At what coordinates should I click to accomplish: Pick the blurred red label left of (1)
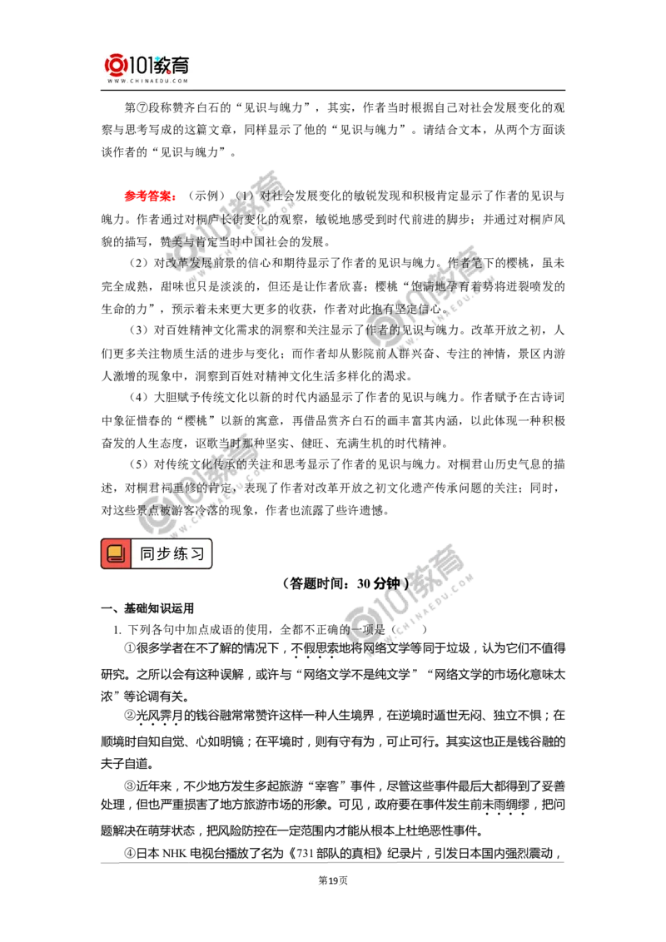click(x=149, y=197)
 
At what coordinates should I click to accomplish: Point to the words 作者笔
click(x=466, y=264)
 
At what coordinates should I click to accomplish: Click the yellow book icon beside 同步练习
click(x=116, y=554)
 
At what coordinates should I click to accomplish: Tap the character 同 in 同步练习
click(x=147, y=554)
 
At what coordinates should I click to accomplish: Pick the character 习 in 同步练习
click(x=197, y=554)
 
